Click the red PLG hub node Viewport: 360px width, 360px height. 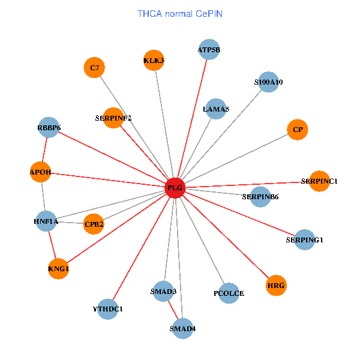coord(175,188)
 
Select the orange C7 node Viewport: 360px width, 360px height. coord(94,68)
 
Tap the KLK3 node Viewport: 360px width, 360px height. coord(154,60)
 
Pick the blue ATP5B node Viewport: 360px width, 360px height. coord(209,50)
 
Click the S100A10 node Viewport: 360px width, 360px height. coord(268,82)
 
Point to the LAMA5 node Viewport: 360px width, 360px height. coord(216,109)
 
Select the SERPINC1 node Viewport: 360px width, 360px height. coord(319,181)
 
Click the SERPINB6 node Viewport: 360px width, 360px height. coord(260,196)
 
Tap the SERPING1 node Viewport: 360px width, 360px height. coord(304,240)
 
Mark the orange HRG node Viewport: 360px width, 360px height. coord(276,285)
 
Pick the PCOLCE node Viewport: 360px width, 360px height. coord(229,293)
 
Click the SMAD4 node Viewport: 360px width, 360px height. coord(182,328)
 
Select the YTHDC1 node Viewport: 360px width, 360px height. coord(107,309)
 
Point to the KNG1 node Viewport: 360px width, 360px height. coord(58,269)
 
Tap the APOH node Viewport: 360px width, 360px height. coord(40,173)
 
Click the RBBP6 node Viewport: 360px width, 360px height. coord(49,127)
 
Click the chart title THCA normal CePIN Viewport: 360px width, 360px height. coord(180,13)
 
